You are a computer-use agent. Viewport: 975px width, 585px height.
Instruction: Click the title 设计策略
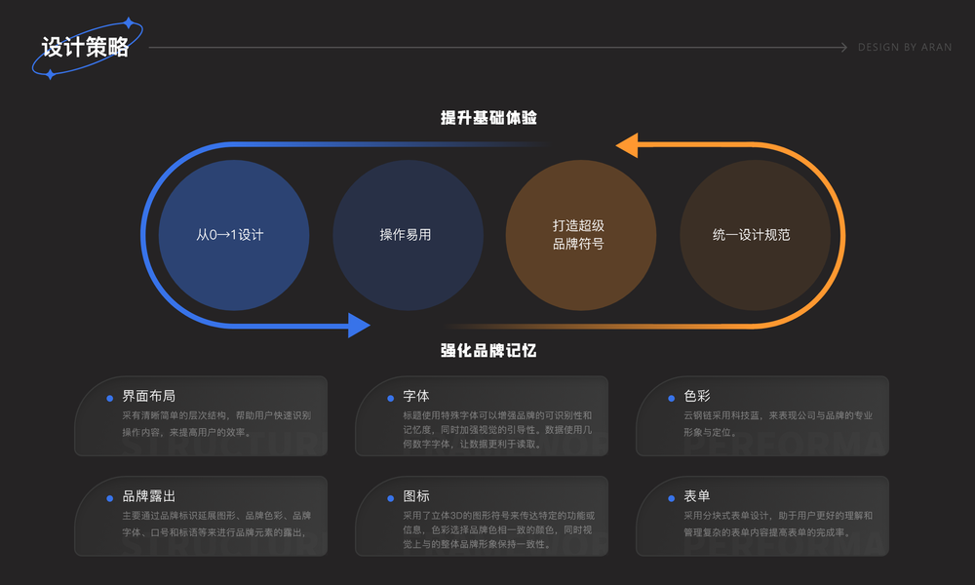[x=86, y=48]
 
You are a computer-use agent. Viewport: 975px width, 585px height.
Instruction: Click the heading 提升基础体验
[x=488, y=118]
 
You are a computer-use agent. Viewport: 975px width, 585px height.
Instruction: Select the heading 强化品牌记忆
[x=488, y=350]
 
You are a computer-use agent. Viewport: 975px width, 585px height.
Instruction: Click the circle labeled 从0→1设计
[x=233, y=235]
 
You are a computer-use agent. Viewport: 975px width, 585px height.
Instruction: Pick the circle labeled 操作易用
[x=408, y=235]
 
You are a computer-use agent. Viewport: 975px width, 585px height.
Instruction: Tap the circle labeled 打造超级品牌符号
[x=580, y=235]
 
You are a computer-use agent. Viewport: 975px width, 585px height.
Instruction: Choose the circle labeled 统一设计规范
[x=755, y=235]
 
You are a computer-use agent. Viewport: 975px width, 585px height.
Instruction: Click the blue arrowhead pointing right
[x=359, y=325]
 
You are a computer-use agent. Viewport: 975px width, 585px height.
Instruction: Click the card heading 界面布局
[x=148, y=397]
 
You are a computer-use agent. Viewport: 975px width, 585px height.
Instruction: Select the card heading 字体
[x=415, y=397]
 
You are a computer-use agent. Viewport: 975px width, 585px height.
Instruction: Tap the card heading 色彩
[x=696, y=397]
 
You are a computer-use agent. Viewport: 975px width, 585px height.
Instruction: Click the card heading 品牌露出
[x=148, y=496]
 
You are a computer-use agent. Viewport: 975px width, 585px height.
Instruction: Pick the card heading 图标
[x=415, y=496]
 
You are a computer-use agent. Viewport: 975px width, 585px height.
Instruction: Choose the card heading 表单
[x=696, y=496]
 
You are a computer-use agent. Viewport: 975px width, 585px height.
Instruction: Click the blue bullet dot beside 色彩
[x=673, y=398]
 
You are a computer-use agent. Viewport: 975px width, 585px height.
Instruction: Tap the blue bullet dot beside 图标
[x=392, y=497]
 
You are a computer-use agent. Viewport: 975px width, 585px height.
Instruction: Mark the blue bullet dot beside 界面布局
[x=110, y=398]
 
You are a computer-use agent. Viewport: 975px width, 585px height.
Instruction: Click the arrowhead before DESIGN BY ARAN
[x=843, y=48]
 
